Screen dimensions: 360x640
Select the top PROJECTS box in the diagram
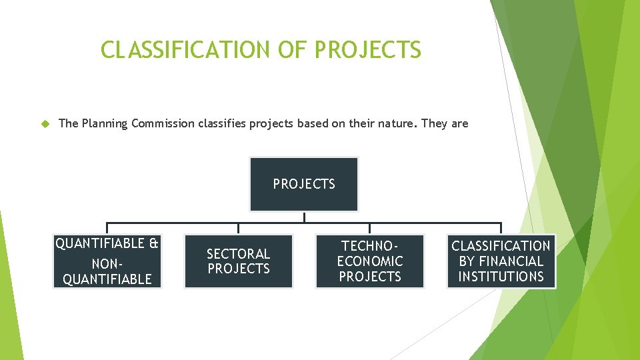pos(304,184)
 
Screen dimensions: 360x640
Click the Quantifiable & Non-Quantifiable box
pos(107,261)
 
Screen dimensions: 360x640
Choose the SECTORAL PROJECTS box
pos(238,261)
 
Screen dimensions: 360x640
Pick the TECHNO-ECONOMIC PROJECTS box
pos(370,261)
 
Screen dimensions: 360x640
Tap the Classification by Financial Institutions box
pos(501,261)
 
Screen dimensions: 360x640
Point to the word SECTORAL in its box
pos(238,254)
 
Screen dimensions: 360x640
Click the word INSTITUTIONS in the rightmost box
pos(501,277)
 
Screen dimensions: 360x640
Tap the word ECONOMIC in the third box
pos(370,261)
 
